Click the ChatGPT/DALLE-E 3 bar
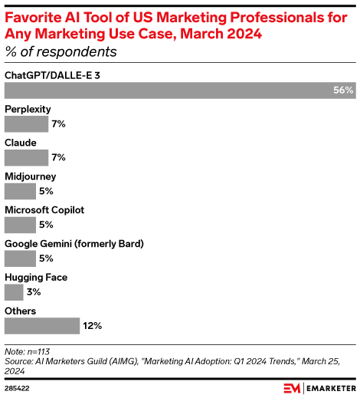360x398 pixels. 179,90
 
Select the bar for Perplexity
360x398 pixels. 26,123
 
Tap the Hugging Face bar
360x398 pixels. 13,292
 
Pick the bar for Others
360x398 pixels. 41,326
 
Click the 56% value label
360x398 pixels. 343,90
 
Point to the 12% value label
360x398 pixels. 93,326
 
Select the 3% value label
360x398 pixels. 34,292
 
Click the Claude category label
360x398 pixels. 21,143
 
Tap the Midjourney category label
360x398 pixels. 30,176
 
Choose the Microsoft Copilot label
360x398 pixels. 44,210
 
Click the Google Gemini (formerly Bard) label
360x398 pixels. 74,244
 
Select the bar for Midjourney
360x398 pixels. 20,191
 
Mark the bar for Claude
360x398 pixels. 26,157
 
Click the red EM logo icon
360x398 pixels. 292,388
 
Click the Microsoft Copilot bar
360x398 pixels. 20,225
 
